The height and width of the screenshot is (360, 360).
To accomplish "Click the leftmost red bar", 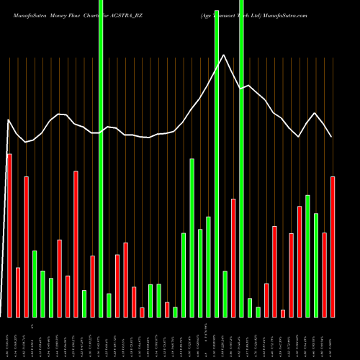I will click(x=9, y=235).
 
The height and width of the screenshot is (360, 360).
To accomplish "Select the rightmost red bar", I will click(x=333, y=246).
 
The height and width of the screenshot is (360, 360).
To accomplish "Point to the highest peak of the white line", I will click(x=225, y=55).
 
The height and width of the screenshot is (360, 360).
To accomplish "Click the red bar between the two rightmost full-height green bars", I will click(x=233, y=258).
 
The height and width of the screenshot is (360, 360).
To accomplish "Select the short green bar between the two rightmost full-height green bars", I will click(x=225, y=294).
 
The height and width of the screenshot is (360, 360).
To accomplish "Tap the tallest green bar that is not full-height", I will click(x=192, y=238).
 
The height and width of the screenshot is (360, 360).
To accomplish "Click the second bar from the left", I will click(x=18, y=292).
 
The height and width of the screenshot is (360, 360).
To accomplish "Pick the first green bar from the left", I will click(x=35, y=284).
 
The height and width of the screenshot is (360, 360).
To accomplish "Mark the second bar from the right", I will click(x=325, y=274).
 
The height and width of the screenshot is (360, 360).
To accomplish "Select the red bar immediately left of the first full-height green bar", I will click(x=93, y=286).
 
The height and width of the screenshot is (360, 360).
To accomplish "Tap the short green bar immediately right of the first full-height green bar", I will click(x=109, y=305).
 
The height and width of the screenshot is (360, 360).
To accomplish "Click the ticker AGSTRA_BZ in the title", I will click(x=132, y=14).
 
